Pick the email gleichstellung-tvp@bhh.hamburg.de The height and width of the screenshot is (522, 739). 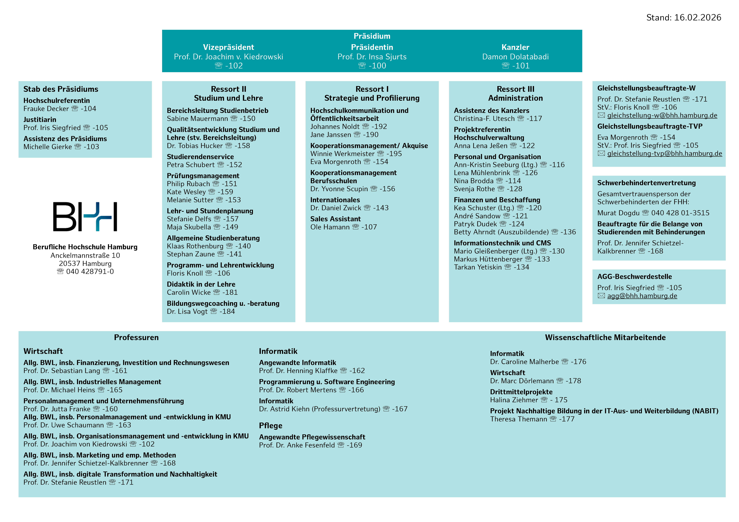(664, 154)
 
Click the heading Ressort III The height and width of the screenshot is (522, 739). (515, 89)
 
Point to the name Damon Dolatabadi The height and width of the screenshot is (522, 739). (515, 57)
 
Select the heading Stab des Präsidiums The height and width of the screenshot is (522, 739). (61, 89)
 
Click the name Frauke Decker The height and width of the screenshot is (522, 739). (46, 109)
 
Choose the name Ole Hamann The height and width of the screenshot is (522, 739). (330, 227)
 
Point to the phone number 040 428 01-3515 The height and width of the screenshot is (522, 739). (680, 213)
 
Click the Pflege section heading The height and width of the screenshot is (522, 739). (270, 426)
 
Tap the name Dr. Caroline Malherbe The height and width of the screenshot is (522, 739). (524, 362)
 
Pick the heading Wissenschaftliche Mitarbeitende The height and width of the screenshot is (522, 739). (605, 337)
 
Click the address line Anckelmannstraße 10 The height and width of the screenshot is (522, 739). (85, 255)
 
